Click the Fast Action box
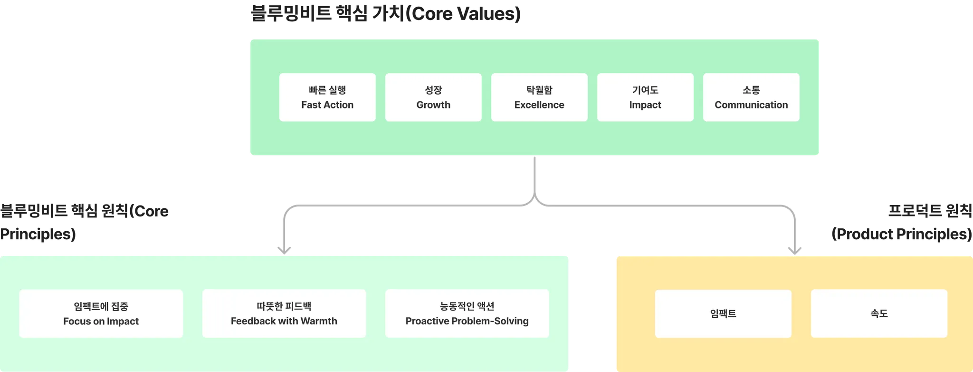point(327,98)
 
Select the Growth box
point(433,98)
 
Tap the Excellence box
point(539,98)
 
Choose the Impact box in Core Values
point(645,98)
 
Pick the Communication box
point(751,98)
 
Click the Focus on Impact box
point(101,314)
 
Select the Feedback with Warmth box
point(284,314)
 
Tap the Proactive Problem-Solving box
point(467,314)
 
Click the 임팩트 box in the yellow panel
point(723,314)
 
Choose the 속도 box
point(879,314)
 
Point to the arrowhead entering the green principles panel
point(284,248)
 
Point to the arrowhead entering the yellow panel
point(794,249)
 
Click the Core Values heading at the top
point(385,14)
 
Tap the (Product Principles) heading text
point(902,234)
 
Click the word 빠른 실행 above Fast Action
point(327,90)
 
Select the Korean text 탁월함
point(539,90)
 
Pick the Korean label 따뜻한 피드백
point(284,306)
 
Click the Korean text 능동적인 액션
point(467,306)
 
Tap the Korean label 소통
point(751,90)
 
